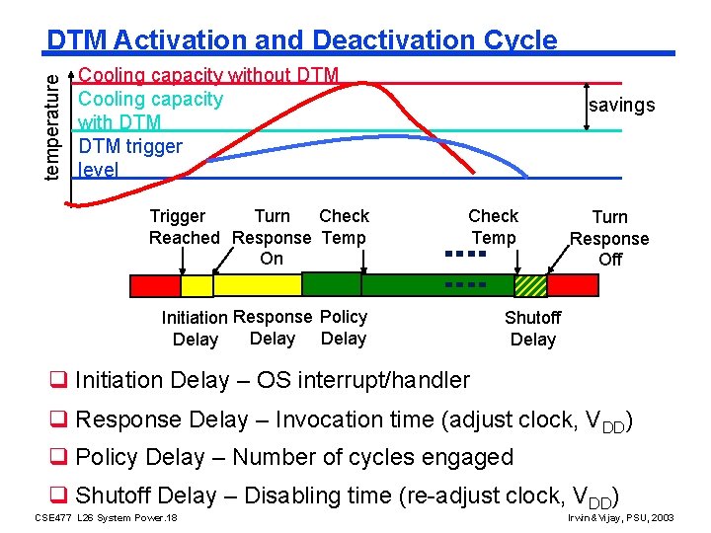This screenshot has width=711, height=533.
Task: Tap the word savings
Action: pos(621,106)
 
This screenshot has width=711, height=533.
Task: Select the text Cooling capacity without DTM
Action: pos(208,75)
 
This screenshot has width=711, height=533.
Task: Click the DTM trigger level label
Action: pos(129,158)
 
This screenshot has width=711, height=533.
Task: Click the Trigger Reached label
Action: pos(183,227)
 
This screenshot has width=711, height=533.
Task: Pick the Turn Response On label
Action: pos(272,237)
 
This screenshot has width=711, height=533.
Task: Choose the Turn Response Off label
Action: pos(609,238)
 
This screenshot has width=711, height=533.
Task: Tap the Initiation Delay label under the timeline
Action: pos(196,329)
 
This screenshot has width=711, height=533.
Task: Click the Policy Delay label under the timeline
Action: pos(344,328)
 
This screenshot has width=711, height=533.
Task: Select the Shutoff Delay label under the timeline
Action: pos(532,329)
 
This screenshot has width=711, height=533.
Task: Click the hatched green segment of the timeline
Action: pos(530,285)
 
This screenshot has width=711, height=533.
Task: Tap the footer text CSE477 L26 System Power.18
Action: pos(106,517)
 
